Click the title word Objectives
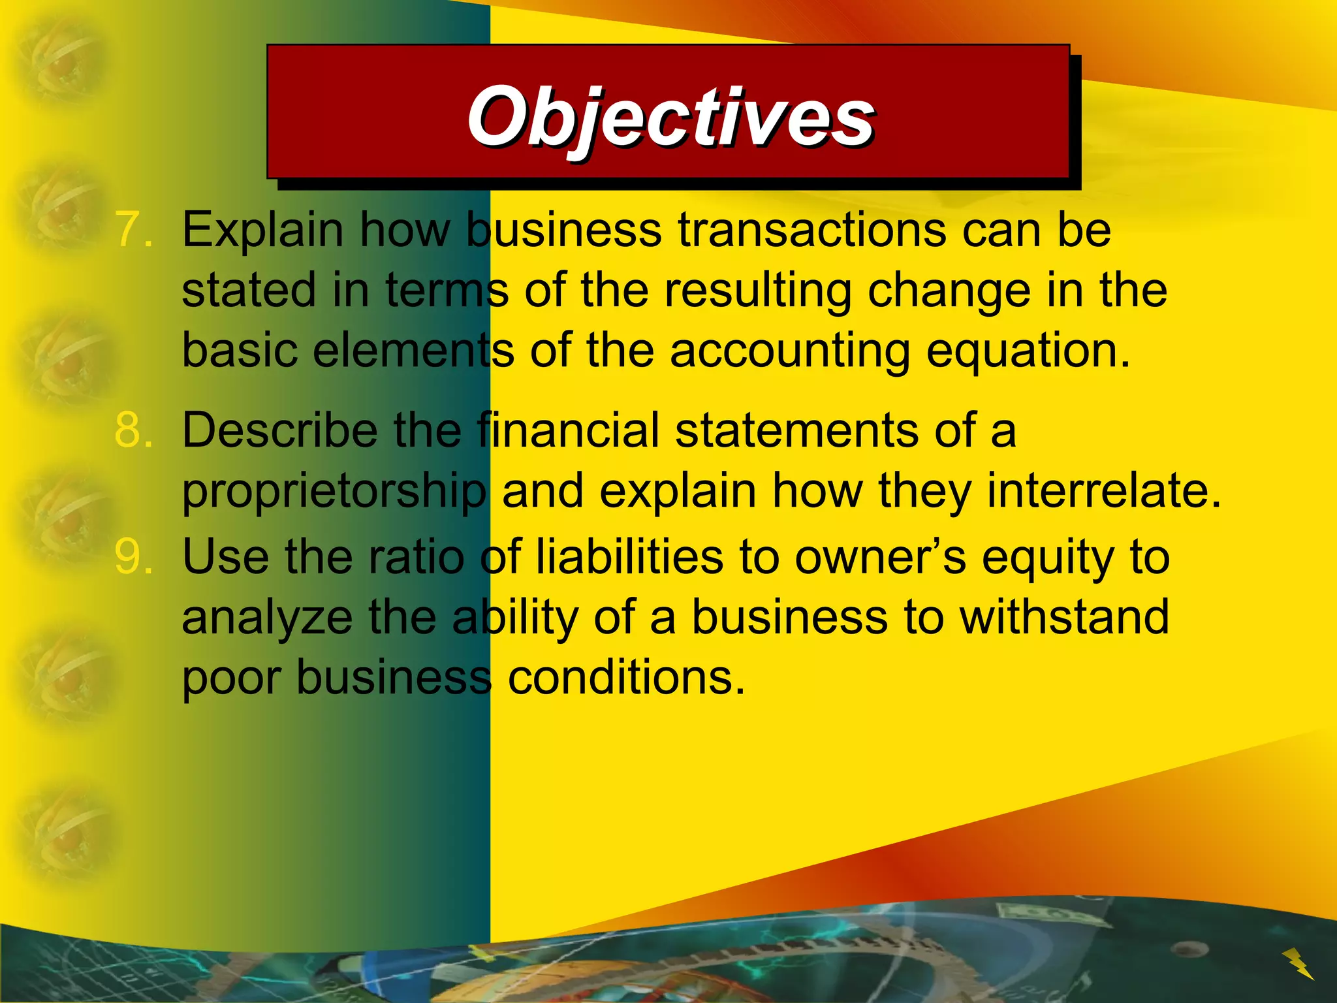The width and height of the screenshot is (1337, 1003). coord(670,118)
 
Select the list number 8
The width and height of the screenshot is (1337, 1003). coord(134,431)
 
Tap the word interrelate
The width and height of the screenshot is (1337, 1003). coord(1103,491)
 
